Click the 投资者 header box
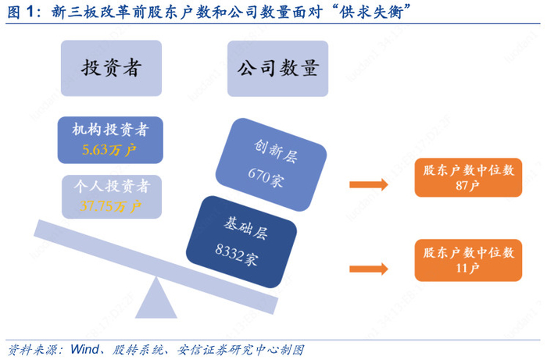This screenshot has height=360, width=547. [111, 68]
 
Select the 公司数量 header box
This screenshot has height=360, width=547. [277, 68]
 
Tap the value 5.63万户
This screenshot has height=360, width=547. [109, 150]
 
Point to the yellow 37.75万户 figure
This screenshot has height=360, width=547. [110, 206]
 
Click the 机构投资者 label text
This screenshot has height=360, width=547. [111, 130]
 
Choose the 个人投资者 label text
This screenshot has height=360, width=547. [112, 186]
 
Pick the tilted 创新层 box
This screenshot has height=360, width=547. [271, 165]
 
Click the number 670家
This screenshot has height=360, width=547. [266, 177]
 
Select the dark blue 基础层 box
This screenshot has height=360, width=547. [241, 242]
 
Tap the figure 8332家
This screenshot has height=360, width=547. [237, 255]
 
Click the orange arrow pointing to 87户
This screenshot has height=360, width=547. [369, 184]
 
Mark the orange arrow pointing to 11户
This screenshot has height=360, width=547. [369, 269]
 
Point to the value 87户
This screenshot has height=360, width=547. [467, 186]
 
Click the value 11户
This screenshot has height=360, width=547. [467, 268]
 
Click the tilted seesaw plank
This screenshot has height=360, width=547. [156, 266]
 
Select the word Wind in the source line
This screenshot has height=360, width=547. [84, 349]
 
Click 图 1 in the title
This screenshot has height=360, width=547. [20, 12]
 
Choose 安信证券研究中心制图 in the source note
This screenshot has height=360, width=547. [241, 350]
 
